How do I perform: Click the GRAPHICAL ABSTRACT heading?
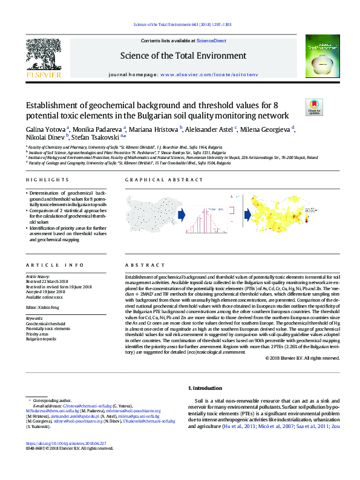tap(155, 180)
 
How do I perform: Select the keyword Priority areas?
tap(37, 334)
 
